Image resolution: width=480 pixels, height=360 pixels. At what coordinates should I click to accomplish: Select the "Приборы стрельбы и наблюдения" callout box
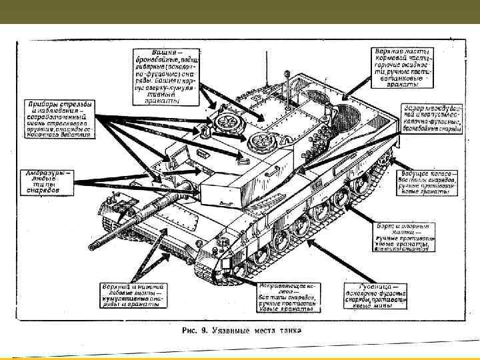[x=60, y=119]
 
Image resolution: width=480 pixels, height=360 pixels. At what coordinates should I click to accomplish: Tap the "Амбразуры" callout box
[x=45, y=180]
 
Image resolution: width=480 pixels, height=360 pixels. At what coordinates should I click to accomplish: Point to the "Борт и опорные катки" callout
[x=401, y=237]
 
